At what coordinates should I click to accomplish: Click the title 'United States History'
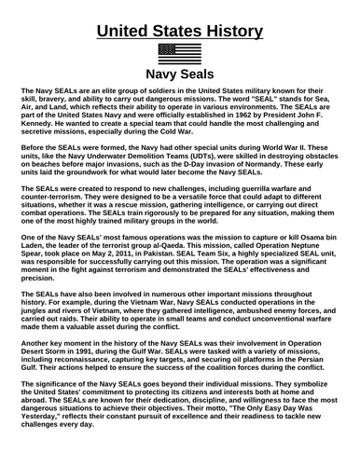pos(179,20)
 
